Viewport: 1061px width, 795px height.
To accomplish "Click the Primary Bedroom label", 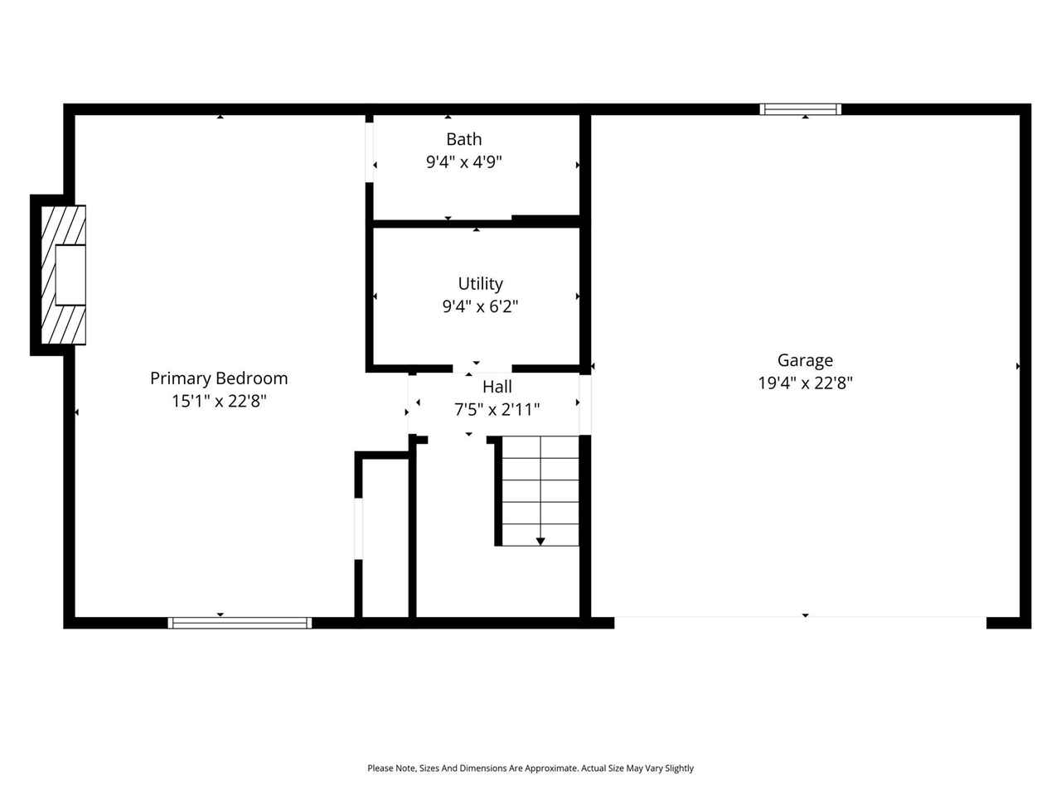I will (219, 378).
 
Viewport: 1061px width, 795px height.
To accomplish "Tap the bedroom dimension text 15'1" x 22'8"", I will (219, 402).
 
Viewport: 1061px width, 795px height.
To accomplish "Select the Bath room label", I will (463, 139).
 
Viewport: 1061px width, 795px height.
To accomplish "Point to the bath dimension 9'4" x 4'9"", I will (463, 161).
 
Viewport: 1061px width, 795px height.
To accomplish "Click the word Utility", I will (480, 284).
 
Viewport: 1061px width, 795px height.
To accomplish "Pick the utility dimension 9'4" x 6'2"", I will (480, 306).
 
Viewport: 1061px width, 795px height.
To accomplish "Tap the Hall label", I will (497, 387).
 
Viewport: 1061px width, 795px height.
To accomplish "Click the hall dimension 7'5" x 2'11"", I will (497, 409).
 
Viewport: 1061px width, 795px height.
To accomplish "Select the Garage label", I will (805, 360).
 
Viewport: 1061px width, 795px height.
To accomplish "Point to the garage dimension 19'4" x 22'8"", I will (805, 383).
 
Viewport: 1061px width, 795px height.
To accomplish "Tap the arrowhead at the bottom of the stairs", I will (540, 542).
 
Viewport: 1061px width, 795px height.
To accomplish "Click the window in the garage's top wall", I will (801, 109).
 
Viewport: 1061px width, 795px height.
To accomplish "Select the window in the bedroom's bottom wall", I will (240, 623).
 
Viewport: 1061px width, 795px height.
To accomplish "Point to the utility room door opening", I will (482, 369).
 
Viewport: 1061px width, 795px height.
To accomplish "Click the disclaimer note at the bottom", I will (530, 768).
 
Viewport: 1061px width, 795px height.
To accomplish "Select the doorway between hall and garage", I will (585, 405).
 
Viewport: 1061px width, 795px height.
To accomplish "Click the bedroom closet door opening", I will (359, 528).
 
